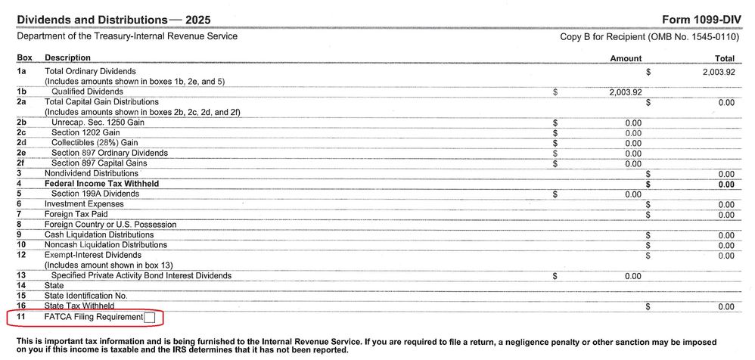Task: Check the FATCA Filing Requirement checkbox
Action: click(x=149, y=318)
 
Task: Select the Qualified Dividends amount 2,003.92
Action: click(x=625, y=92)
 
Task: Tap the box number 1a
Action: click(x=22, y=71)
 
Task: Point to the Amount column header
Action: click(x=625, y=58)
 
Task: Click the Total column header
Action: click(x=724, y=58)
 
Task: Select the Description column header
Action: click(x=67, y=57)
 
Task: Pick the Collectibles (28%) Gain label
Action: click(x=95, y=142)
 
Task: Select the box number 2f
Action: click(x=22, y=163)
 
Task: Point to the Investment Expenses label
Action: click(x=83, y=204)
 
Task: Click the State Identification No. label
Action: click(x=85, y=296)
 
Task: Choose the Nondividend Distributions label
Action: click(x=92, y=173)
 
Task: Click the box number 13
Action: click(x=21, y=275)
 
